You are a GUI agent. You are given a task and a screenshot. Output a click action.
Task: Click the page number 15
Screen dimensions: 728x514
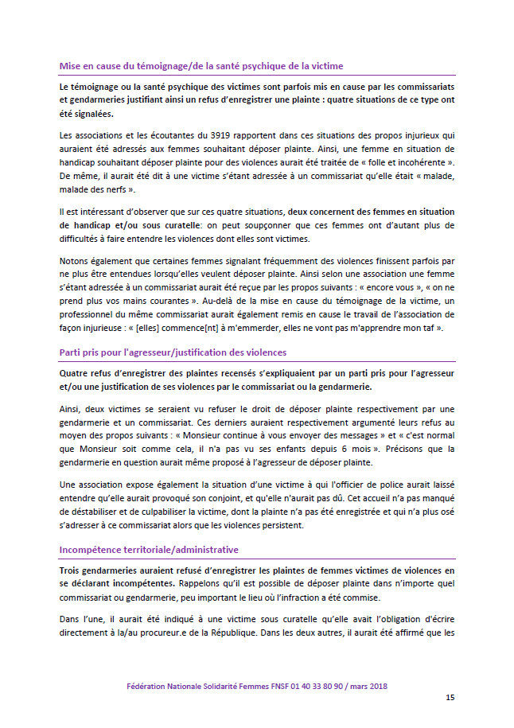[450, 698]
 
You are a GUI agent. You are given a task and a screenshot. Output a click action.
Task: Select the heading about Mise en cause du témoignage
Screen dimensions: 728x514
[201, 65]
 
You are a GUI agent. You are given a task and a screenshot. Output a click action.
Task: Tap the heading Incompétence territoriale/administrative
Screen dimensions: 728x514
[149, 550]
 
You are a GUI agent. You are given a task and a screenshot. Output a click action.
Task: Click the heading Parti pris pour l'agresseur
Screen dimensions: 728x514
[173, 352]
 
